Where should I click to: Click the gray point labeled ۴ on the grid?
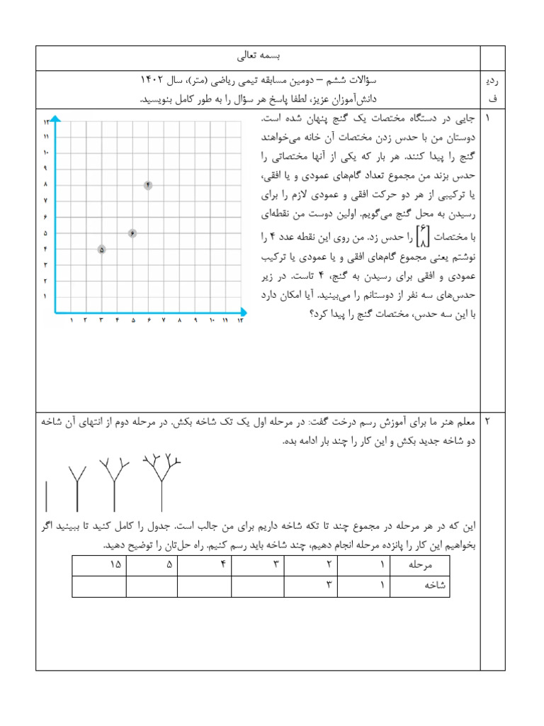click(148, 185)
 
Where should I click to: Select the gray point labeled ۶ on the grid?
click(132, 233)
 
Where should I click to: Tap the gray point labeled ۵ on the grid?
click(102, 250)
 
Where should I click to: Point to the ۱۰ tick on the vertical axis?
click(45, 152)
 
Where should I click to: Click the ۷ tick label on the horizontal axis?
click(163, 321)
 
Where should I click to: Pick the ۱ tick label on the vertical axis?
click(45, 296)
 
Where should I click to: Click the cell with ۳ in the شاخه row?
click(329, 586)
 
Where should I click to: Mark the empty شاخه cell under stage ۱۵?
click(99, 587)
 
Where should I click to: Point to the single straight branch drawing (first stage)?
click(47, 496)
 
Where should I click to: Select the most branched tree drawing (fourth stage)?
click(161, 481)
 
